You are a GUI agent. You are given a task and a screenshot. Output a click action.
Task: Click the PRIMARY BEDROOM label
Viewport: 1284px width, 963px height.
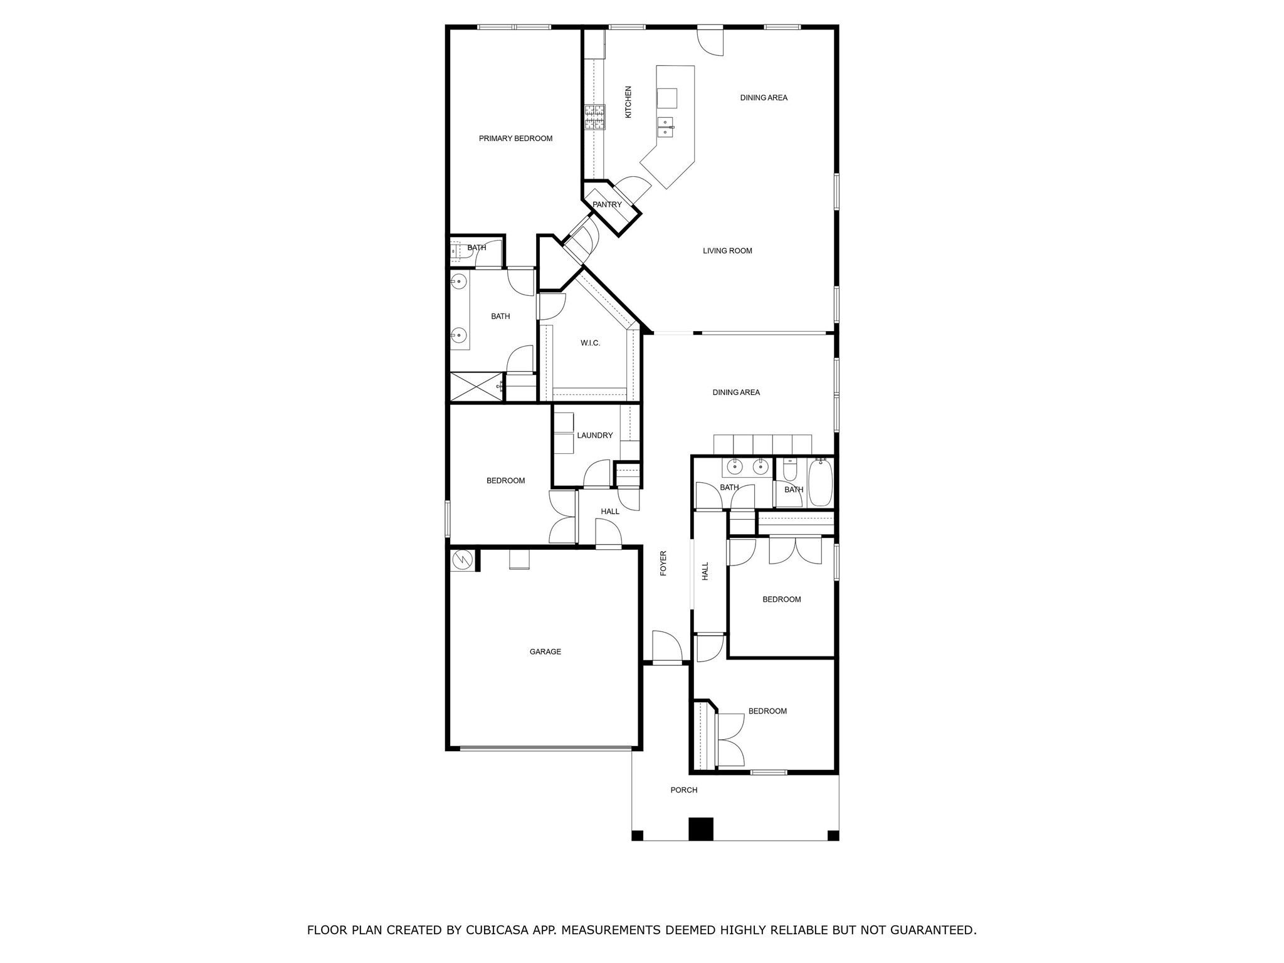515,139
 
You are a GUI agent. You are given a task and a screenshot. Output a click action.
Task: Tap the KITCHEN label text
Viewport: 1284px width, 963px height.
628,102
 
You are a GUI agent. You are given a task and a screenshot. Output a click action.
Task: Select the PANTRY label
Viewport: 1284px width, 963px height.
607,204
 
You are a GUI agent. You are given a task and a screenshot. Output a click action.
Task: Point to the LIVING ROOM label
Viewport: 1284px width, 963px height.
727,251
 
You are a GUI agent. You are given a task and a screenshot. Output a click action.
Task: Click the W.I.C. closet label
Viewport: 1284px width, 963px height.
590,343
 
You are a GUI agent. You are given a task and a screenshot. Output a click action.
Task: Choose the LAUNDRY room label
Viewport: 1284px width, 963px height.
594,435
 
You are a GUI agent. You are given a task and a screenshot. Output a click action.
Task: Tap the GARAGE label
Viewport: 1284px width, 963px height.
545,652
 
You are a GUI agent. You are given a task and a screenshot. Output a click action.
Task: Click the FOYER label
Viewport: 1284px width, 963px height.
663,563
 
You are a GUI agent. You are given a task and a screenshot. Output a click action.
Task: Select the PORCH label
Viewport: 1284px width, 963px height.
683,790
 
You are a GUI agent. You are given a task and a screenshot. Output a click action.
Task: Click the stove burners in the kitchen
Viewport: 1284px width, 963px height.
595,117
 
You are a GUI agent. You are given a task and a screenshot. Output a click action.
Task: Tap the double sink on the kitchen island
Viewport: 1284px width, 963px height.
666,127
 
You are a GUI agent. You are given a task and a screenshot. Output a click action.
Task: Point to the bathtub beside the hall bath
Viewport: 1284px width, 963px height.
820,483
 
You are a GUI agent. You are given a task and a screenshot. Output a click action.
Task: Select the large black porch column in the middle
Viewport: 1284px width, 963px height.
701,829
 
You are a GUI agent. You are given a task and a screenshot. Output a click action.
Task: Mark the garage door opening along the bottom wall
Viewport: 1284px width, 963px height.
545,748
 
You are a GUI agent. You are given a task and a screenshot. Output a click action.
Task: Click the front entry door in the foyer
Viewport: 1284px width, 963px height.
667,661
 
